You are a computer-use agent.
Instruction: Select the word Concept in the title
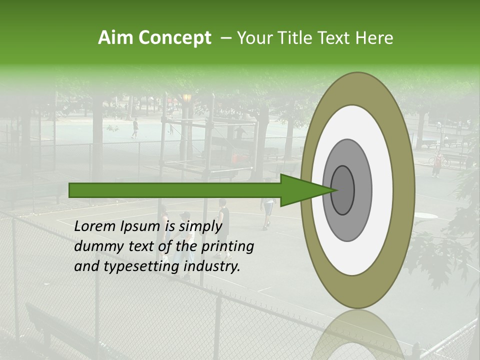pyautogui.click(x=174, y=38)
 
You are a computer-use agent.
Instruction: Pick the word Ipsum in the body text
pyautogui.click(x=140, y=226)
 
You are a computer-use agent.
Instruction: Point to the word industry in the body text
pyautogui.click(x=212, y=266)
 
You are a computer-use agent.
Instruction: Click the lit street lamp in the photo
pyautogui.click(x=187, y=97)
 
